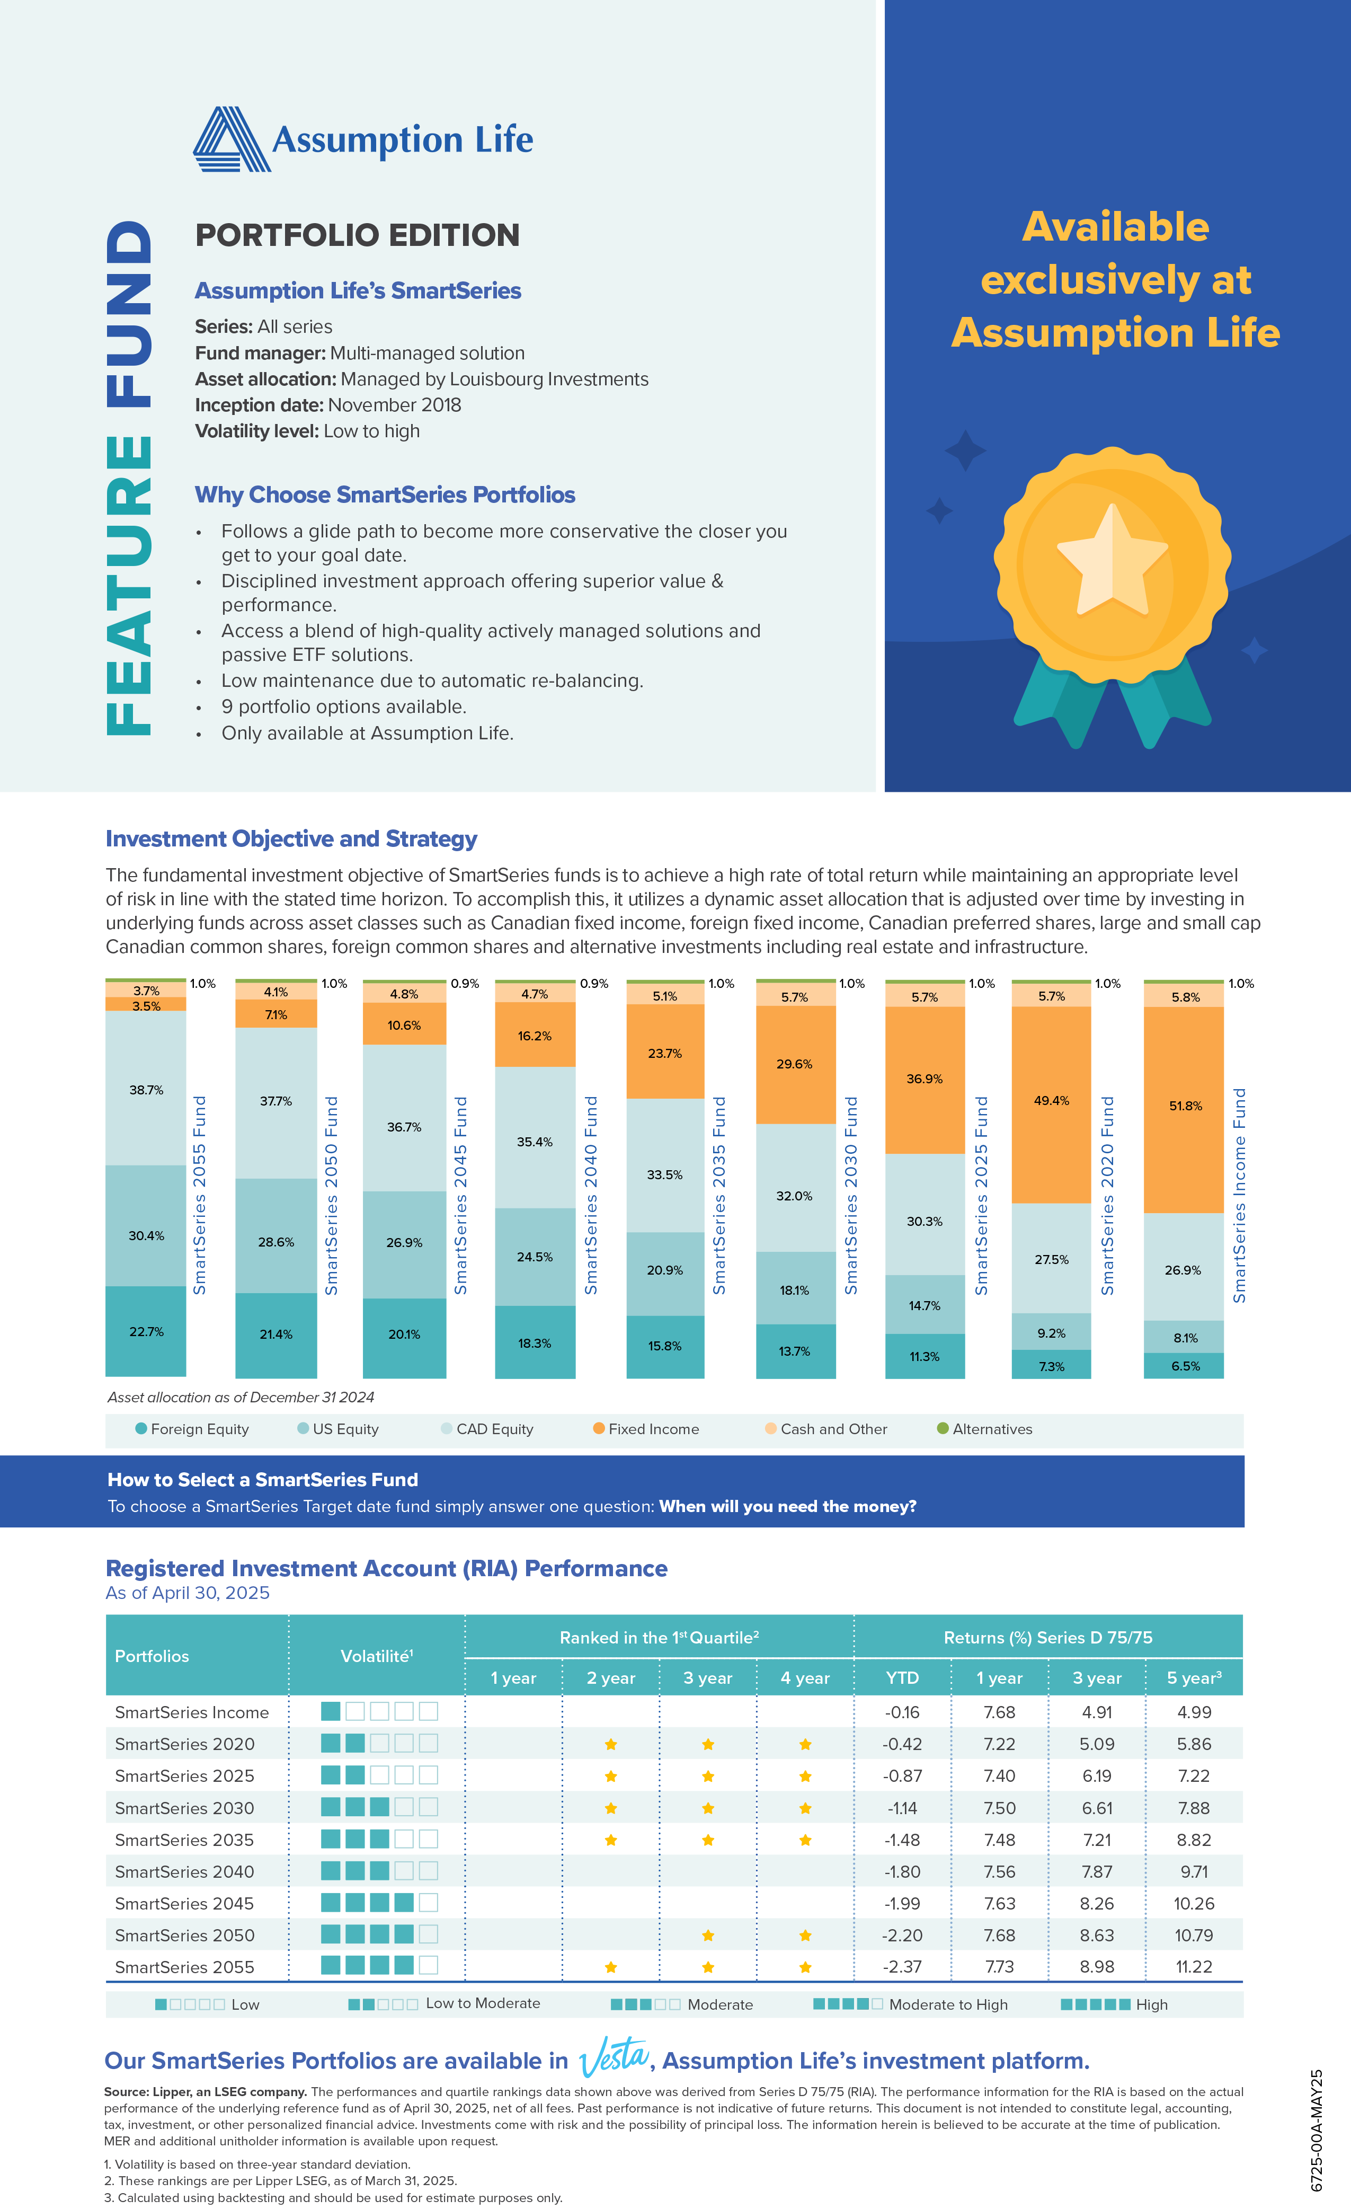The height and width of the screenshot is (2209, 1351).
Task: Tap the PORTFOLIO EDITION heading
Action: pyautogui.click(x=357, y=235)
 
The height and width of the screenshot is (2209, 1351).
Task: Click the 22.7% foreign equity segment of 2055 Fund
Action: pyautogui.click(x=146, y=1331)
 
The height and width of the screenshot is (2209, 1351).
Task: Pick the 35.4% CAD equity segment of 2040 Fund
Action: pyautogui.click(x=534, y=1141)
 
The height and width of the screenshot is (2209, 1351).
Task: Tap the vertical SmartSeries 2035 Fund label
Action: pyautogui.click(x=719, y=1195)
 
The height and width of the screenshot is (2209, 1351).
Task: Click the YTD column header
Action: pyautogui.click(x=902, y=1677)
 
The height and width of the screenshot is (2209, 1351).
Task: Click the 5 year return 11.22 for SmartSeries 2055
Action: pyautogui.click(x=1193, y=1967)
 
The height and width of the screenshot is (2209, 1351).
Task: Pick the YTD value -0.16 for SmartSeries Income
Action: pyautogui.click(x=902, y=1712)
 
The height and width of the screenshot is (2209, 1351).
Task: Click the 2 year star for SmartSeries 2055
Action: pyautogui.click(x=610, y=1967)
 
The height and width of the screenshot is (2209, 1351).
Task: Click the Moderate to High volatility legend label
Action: pyautogui.click(x=948, y=2004)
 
